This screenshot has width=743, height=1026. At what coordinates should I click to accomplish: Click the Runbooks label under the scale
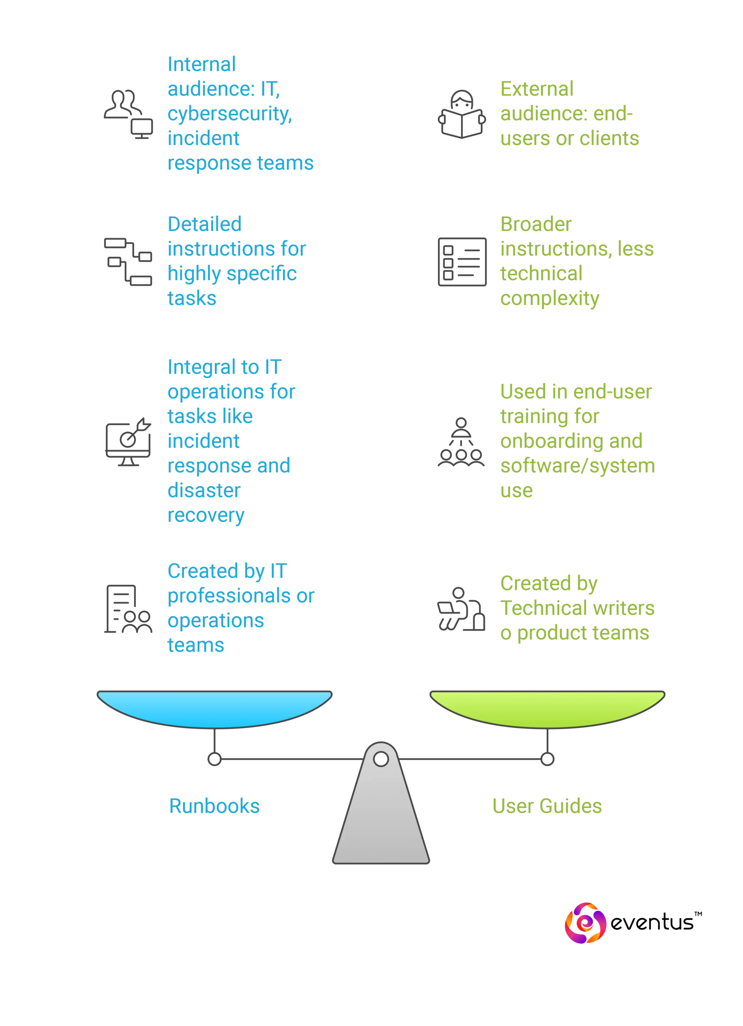coord(214,806)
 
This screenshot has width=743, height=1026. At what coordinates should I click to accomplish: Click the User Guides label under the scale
coord(547,806)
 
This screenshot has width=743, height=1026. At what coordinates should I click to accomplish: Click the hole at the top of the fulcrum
coord(381,759)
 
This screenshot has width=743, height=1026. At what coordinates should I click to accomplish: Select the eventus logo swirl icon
coord(585,923)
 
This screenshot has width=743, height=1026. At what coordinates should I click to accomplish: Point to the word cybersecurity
coord(229,113)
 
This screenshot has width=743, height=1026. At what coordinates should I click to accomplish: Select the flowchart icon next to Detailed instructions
coord(128,261)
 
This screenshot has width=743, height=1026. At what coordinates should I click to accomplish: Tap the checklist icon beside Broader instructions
coord(462,261)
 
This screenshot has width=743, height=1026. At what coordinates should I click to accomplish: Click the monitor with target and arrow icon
coord(129,442)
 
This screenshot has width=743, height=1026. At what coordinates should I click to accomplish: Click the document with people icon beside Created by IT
coord(128,608)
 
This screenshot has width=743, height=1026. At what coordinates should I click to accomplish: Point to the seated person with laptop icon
coord(461,609)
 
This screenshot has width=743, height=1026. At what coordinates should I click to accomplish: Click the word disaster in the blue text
coord(204,491)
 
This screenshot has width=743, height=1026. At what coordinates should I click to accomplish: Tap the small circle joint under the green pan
coord(547,759)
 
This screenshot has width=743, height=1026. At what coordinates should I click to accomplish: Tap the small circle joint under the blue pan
coord(214,759)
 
